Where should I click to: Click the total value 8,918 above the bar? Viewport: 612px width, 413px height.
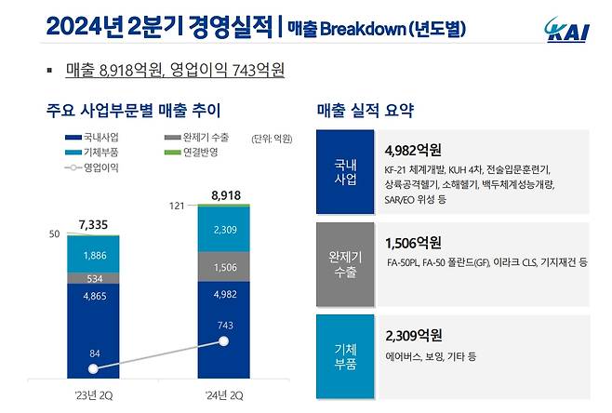tap(228, 195)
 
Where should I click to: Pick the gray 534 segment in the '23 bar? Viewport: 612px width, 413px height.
tap(93, 277)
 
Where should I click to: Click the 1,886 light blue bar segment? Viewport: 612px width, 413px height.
tap(93, 254)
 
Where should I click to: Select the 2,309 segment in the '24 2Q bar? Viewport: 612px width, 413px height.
tap(223, 229)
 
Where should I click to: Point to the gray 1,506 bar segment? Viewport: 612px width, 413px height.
tap(223, 267)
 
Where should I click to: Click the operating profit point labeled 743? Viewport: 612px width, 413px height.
tap(223, 340)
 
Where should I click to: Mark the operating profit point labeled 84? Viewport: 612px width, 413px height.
tap(93, 366)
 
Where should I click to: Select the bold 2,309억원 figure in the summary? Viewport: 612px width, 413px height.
tap(415, 335)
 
